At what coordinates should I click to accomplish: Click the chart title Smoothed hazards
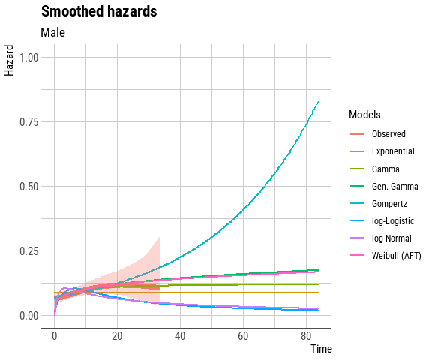(99, 12)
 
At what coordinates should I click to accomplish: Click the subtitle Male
(52, 32)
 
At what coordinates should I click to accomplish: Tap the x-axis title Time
(321, 349)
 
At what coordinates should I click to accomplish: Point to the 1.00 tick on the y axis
(29, 57)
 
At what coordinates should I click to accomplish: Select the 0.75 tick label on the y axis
(29, 121)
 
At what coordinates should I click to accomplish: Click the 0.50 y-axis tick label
(29, 186)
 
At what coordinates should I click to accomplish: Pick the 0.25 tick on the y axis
(29, 250)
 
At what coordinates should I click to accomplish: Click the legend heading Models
(364, 115)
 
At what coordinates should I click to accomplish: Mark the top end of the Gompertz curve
(319, 100)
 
